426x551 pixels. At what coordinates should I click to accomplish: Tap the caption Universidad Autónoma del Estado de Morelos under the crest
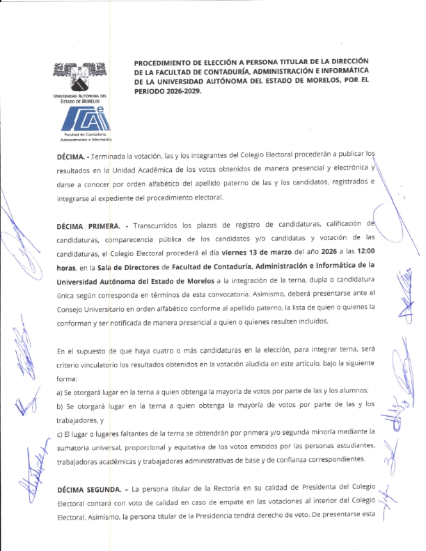(79, 98)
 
